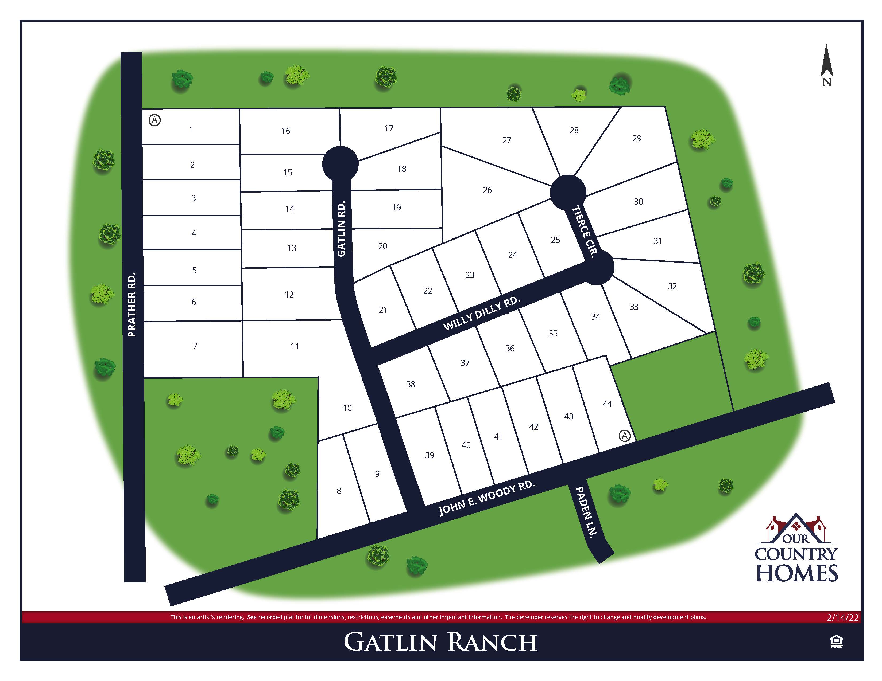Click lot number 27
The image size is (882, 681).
coord(507,140)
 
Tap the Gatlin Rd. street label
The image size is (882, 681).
coord(341,229)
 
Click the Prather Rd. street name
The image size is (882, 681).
coord(132,305)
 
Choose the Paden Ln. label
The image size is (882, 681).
coord(586,512)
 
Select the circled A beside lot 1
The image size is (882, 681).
coord(155,120)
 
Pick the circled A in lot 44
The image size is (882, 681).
coord(624,436)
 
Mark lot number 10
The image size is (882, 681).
coord(347,408)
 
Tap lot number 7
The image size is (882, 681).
coord(195,346)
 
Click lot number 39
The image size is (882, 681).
coord(429,455)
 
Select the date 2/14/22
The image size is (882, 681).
coord(842,617)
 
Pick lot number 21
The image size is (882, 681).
coord(383,310)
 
